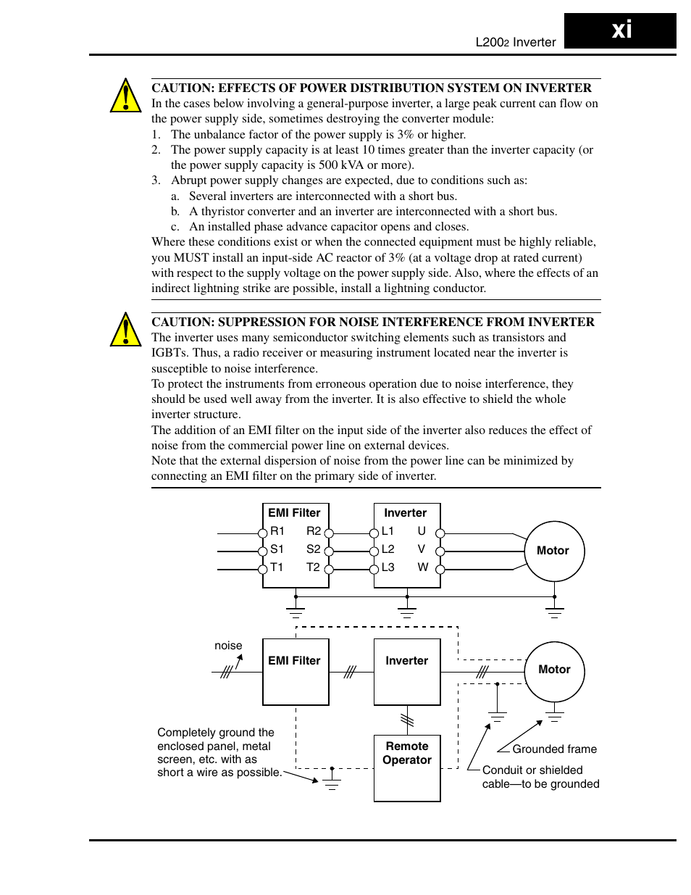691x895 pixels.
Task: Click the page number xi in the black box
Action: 621,30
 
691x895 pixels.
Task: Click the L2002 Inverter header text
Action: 515,42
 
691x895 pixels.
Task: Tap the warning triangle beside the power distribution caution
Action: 125,96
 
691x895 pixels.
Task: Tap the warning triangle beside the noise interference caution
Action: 125,330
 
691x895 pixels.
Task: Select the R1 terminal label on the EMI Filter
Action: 277,531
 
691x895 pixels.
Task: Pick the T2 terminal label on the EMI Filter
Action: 313,567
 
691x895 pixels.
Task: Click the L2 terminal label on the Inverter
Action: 388,549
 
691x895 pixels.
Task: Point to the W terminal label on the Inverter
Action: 422,567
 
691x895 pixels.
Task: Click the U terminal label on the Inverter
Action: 422,531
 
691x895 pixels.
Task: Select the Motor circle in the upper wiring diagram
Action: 554,551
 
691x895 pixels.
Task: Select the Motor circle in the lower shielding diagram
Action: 554,670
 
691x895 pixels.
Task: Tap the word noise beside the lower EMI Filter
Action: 228,646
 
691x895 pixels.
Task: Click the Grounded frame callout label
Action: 554,749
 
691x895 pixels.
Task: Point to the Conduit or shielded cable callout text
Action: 540,777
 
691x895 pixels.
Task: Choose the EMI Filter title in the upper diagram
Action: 294,513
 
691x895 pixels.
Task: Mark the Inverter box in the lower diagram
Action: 407,671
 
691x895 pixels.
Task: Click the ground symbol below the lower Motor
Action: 555,717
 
